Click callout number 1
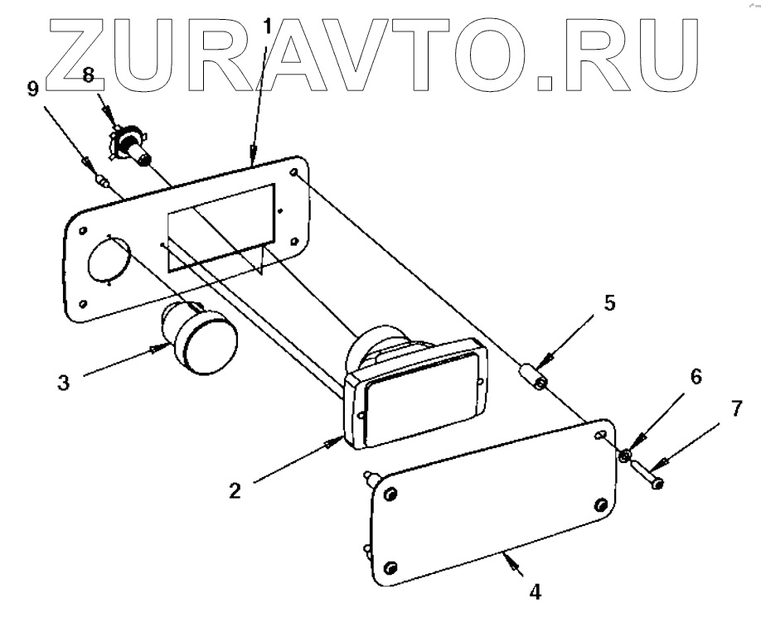tap(268, 26)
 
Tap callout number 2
tap(235, 490)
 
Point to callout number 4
tap(536, 592)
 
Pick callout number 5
tap(609, 302)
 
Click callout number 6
tap(695, 377)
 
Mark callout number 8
tap(89, 77)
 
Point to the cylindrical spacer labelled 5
tap(534, 376)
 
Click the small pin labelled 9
tap(104, 181)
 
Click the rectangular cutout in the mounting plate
tap(221, 228)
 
